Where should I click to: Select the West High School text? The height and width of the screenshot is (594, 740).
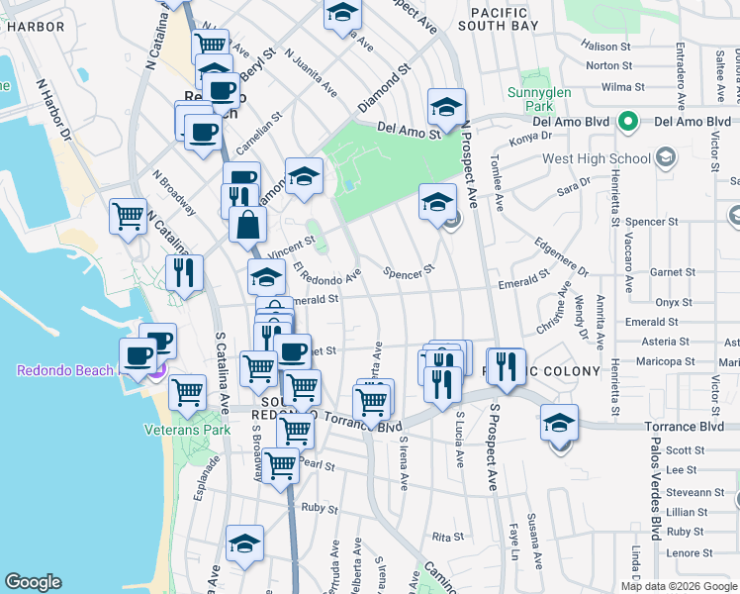[x=597, y=158]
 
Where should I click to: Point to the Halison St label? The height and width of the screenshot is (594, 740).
[x=606, y=47]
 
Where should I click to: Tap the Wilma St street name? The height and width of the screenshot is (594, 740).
[x=609, y=87]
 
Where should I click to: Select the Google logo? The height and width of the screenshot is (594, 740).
[x=33, y=582]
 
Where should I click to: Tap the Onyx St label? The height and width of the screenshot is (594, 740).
[x=673, y=303]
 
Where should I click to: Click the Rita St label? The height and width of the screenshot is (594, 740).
[x=448, y=537]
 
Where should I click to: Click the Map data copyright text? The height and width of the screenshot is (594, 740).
[x=678, y=586]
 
